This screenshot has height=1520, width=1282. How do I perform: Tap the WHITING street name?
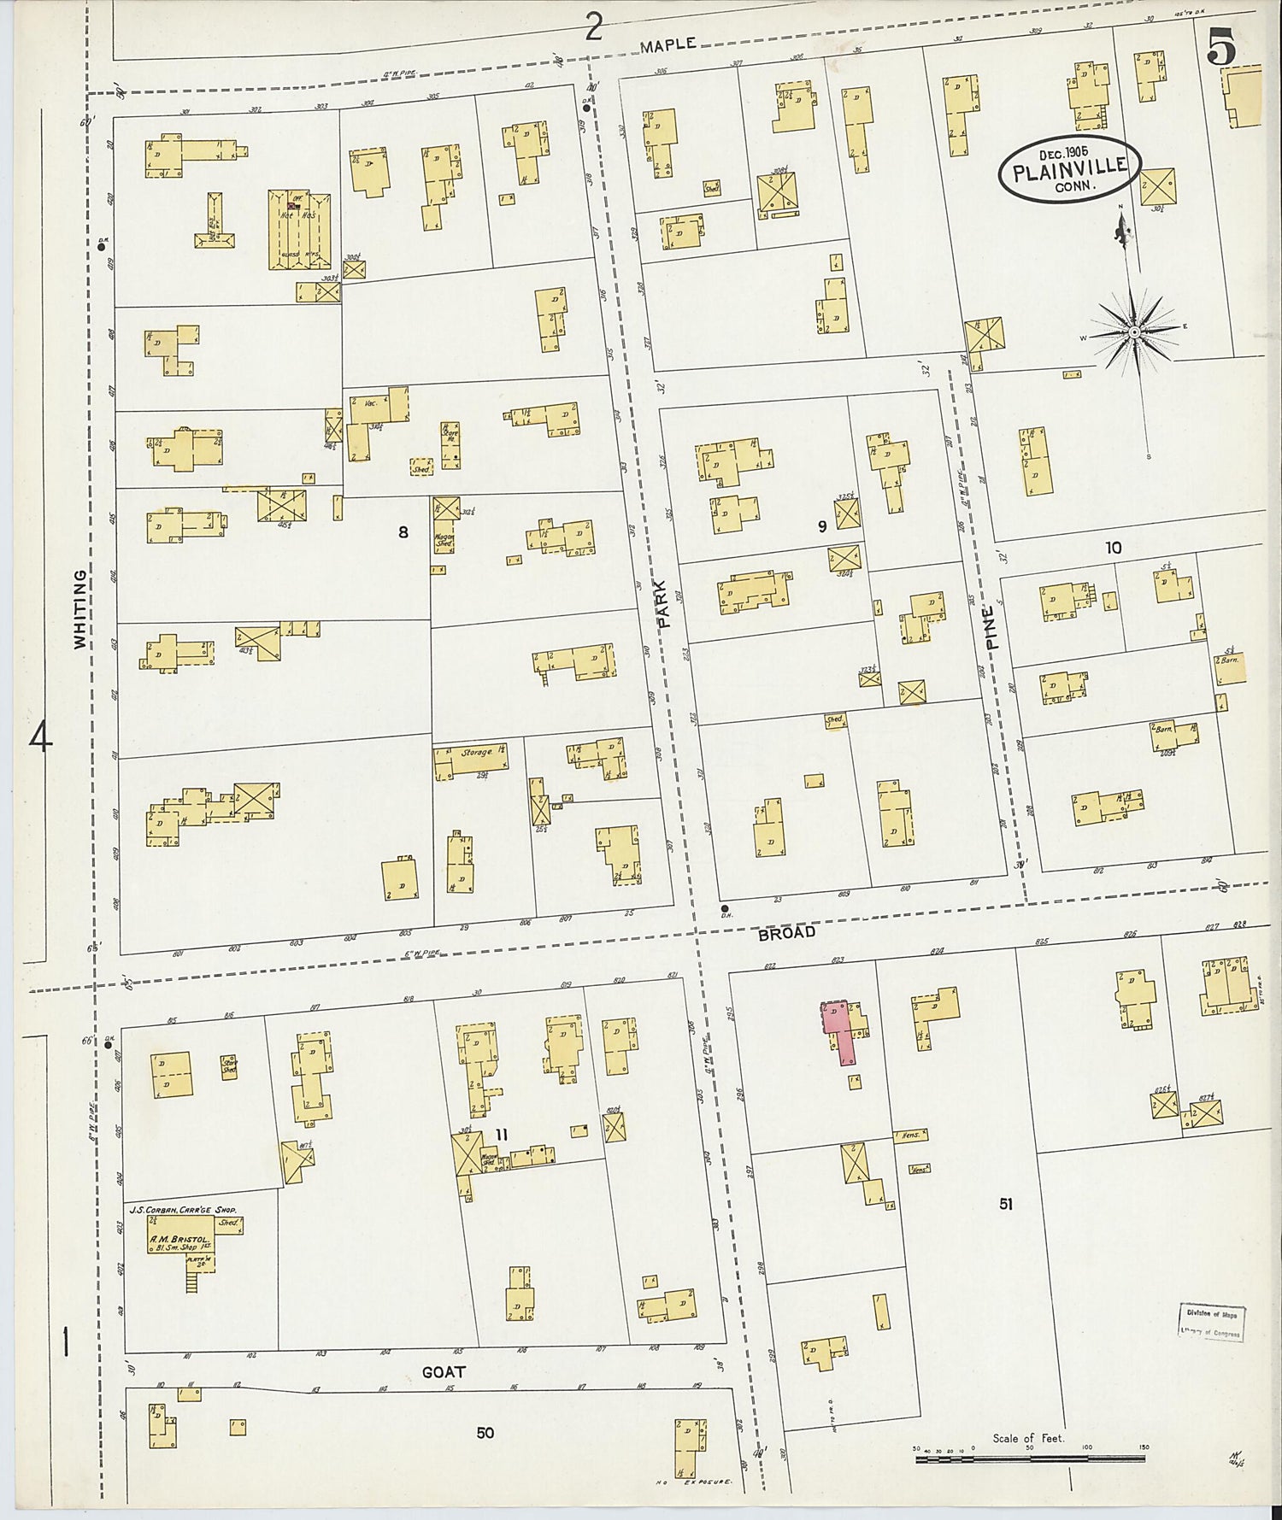[x=80, y=609]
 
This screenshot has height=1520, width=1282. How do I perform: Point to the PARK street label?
[x=666, y=605]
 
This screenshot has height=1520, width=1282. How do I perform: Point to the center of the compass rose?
[x=1133, y=332]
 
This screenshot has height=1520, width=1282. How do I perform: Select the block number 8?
[x=403, y=532]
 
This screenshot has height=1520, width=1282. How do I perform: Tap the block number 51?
[x=1005, y=1203]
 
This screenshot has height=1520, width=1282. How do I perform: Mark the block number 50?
[x=485, y=1431]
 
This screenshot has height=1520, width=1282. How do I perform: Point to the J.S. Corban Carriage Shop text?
[x=181, y=1210]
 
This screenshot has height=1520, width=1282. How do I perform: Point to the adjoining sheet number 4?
[x=40, y=737]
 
